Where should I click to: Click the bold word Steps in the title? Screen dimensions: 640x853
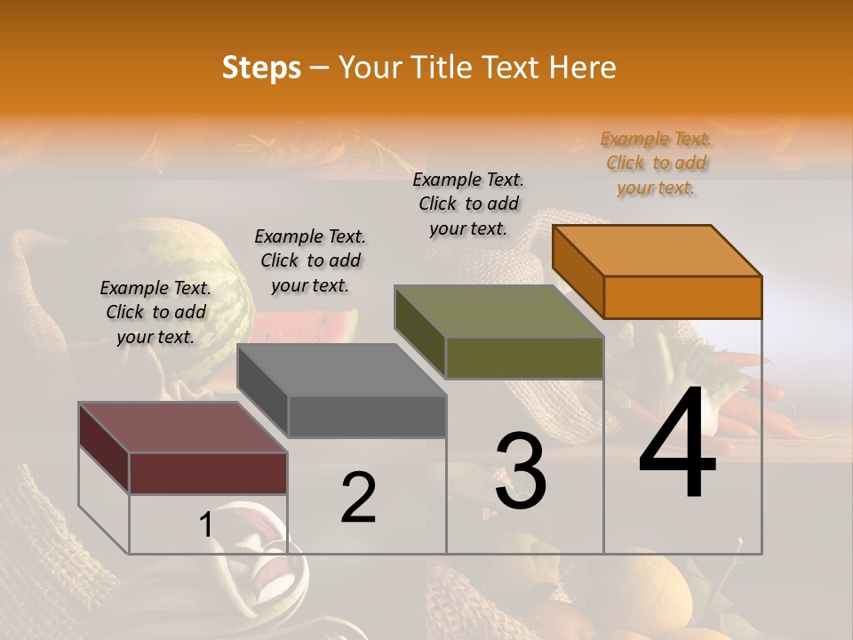(x=261, y=68)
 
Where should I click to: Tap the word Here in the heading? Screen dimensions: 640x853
(x=582, y=68)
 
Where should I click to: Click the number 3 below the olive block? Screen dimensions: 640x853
(x=521, y=471)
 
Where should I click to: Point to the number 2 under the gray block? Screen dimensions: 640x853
(x=359, y=498)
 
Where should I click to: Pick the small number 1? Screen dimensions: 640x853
(x=206, y=524)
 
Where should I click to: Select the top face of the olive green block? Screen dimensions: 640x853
(x=499, y=311)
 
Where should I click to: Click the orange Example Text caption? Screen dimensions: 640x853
(x=657, y=163)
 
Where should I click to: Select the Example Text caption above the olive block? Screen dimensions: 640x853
(x=468, y=204)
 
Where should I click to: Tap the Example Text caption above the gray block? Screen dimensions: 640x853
(x=310, y=260)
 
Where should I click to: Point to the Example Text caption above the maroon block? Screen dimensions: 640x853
(x=155, y=312)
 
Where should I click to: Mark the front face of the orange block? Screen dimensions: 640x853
(x=682, y=297)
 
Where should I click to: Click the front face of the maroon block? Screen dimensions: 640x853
(x=208, y=473)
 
